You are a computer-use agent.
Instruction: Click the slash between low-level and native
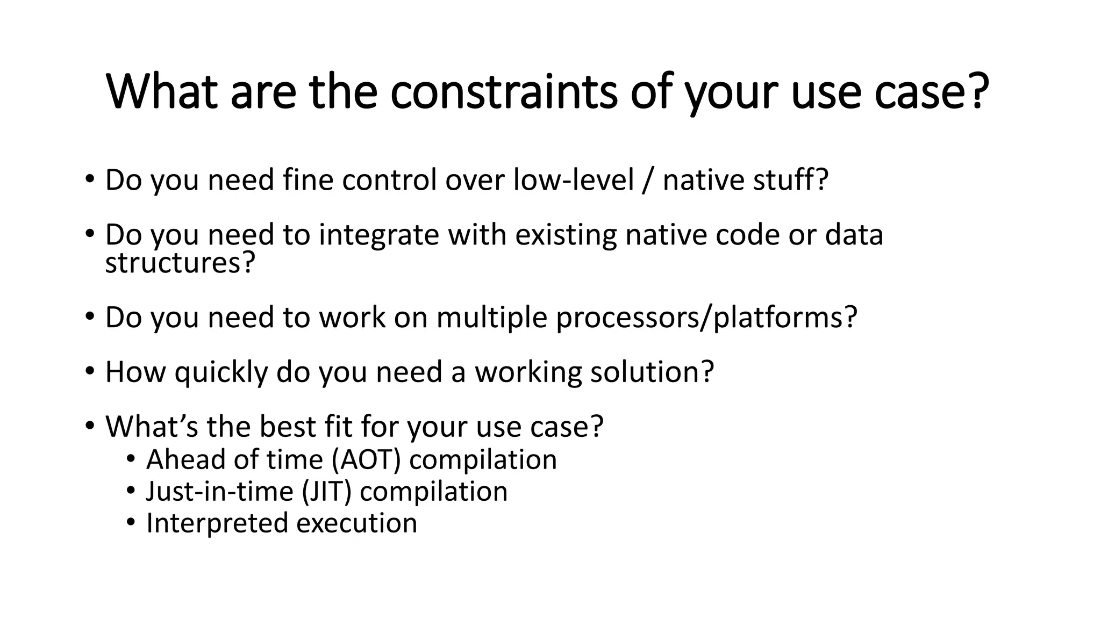[x=648, y=179]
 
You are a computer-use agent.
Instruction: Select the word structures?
[x=180, y=263]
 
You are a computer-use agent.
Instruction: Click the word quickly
[x=220, y=372]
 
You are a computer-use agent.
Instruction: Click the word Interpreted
[x=217, y=523]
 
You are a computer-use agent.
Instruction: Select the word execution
[x=356, y=523]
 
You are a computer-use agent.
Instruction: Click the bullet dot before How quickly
[x=89, y=371]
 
